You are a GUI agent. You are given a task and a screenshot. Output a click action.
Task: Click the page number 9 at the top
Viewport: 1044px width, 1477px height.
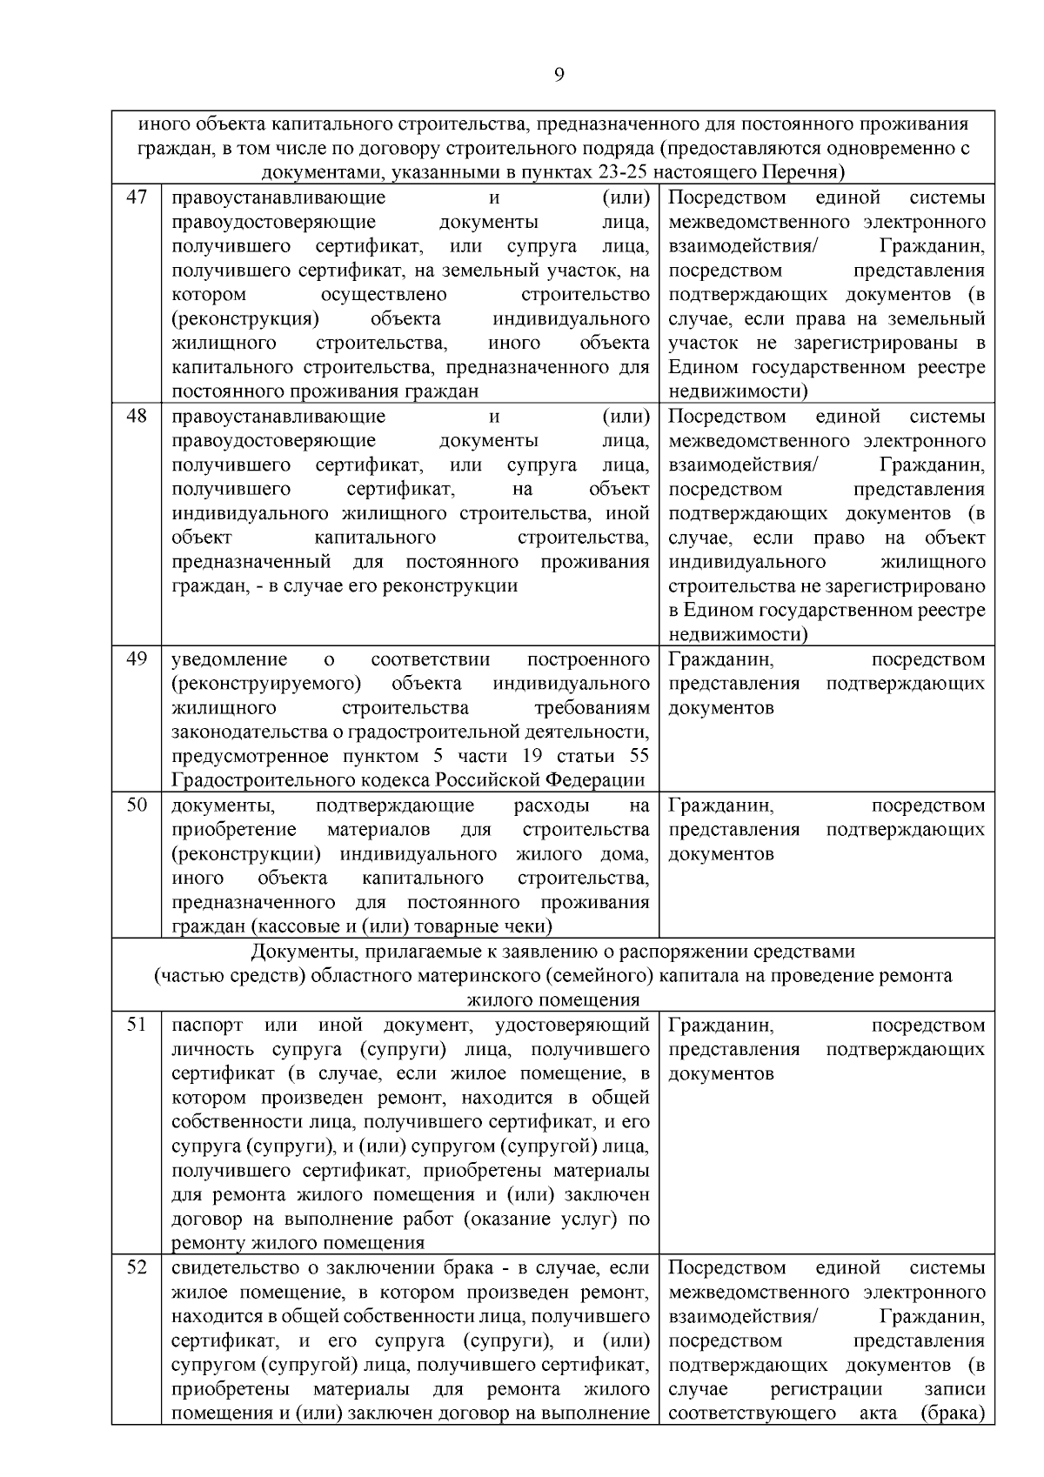pos(559,75)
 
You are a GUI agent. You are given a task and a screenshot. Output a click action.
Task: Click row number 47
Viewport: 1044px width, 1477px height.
pos(137,197)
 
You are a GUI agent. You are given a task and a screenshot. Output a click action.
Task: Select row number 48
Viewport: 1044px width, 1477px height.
pos(137,416)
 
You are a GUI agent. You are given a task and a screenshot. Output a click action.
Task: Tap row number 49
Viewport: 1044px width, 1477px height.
pos(137,658)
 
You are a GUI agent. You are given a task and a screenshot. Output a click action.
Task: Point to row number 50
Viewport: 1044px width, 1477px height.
pos(137,805)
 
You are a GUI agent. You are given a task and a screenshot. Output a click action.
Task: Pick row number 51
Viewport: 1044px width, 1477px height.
pos(137,1025)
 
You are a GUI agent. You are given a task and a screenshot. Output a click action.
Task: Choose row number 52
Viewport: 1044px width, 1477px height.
pos(137,1267)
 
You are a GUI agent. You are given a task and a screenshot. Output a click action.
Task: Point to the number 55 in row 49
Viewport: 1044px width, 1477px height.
pos(639,755)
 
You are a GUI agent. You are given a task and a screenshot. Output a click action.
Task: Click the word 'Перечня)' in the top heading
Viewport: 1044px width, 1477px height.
pos(809,171)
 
